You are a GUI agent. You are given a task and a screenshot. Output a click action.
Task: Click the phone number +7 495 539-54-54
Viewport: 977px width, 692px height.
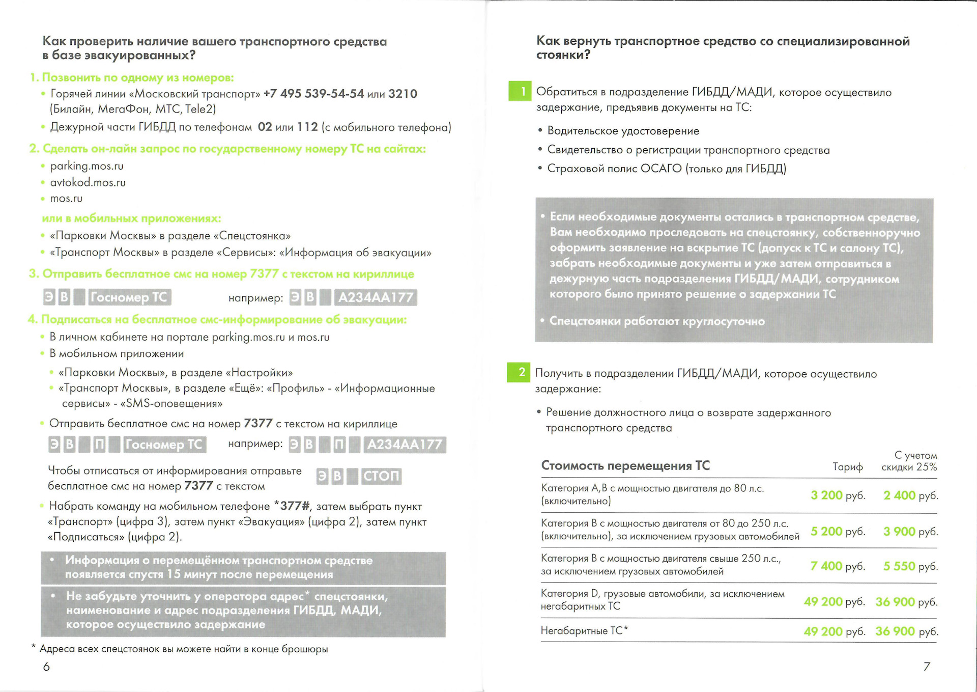point(313,94)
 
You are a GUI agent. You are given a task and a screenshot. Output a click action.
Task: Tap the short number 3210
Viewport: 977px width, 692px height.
point(403,94)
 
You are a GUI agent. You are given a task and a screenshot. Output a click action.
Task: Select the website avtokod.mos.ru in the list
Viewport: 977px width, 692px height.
point(88,182)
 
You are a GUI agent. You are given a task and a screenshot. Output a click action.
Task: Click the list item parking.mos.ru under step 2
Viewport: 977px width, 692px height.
point(87,166)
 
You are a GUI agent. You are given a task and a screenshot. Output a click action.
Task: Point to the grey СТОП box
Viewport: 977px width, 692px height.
point(381,476)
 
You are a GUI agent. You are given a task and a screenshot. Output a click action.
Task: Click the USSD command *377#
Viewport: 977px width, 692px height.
point(292,506)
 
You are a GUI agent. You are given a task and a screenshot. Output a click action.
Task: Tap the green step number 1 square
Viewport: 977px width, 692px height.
point(520,91)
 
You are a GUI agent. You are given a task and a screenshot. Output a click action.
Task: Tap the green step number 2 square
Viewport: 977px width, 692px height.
point(519,372)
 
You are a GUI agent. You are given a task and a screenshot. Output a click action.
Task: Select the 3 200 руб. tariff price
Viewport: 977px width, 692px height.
point(837,495)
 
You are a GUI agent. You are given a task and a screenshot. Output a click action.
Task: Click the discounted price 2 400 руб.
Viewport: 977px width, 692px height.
point(910,495)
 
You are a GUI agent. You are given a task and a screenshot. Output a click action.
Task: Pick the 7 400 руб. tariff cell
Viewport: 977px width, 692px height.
point(837,566)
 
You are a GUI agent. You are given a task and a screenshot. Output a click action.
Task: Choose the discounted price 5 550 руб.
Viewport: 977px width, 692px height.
point(910,566)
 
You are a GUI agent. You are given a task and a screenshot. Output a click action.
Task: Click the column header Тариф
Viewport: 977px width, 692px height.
point(847,467)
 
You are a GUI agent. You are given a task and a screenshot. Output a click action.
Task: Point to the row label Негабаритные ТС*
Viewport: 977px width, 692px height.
point(584,630)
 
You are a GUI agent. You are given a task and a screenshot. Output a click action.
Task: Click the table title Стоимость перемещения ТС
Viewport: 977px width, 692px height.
point(625,465)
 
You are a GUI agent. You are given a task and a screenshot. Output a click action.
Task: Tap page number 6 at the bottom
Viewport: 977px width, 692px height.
point(46,667)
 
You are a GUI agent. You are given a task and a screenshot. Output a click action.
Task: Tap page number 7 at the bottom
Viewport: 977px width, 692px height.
point(927,667)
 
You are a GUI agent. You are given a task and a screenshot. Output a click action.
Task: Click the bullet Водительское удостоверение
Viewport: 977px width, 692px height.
point(623,131)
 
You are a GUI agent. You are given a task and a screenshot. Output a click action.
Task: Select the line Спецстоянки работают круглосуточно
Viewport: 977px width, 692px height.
point(656,321)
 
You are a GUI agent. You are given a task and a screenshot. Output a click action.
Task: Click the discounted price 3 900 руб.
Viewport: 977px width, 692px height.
point(910,531)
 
